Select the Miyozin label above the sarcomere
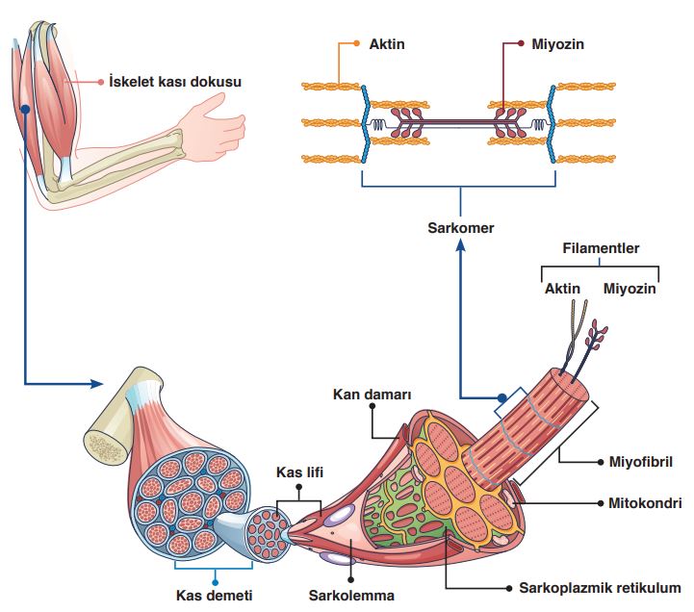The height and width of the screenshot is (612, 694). (558, 44)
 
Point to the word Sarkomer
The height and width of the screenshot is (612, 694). (460, 228)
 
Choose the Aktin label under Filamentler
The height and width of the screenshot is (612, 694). (563, 288)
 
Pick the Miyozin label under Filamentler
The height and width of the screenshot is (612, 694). (630, 288)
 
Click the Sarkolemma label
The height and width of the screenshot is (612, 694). (351, 596)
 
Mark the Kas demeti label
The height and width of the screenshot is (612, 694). (213, 596)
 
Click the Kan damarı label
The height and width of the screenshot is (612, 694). (373, 395)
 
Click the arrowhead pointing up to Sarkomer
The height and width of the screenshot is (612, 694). (460, 246)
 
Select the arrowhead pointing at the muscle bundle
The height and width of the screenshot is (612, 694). (95, 383)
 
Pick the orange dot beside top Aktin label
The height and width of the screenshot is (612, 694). (356, 44)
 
